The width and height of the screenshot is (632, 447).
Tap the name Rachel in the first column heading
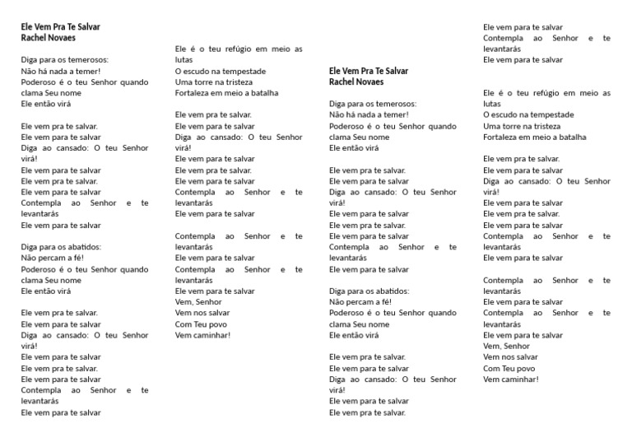tap(34, 38)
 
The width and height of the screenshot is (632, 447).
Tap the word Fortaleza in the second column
tap(193, 93)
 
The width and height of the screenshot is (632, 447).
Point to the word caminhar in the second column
tap(211, 335)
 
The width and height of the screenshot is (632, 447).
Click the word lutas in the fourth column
tap(492, 104)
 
